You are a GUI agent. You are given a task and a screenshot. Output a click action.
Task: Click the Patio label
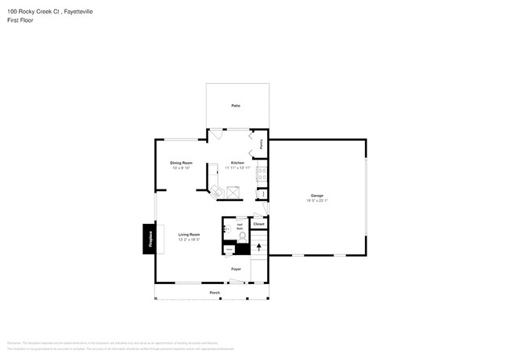(x=235, y=105)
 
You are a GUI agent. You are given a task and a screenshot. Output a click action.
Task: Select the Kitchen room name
(x=237, y=163)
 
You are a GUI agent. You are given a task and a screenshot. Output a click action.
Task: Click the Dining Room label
(x=181, y=163)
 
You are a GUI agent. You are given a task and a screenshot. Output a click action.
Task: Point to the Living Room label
(x=189, y=235)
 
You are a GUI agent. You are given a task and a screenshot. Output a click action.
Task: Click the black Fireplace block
(x=148, y=239)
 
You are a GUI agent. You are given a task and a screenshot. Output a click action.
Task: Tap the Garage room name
(x=316, y=196)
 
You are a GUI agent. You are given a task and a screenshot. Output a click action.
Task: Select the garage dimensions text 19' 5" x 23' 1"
(x=316, y=200)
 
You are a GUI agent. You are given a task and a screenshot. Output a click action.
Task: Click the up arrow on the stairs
(x=258, y=247)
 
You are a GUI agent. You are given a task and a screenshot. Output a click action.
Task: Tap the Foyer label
(x=236, y=269)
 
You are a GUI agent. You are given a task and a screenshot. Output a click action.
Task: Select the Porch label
(x=214, y=293)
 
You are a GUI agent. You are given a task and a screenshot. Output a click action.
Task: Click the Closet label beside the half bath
(x=259, y=224)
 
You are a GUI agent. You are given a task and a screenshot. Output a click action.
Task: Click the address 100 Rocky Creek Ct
(x=31, y=9)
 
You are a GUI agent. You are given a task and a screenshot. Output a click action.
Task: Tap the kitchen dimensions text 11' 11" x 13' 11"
(x=237, y=167)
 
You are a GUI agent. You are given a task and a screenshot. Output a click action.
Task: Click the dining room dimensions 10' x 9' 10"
(x=181, y=167)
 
